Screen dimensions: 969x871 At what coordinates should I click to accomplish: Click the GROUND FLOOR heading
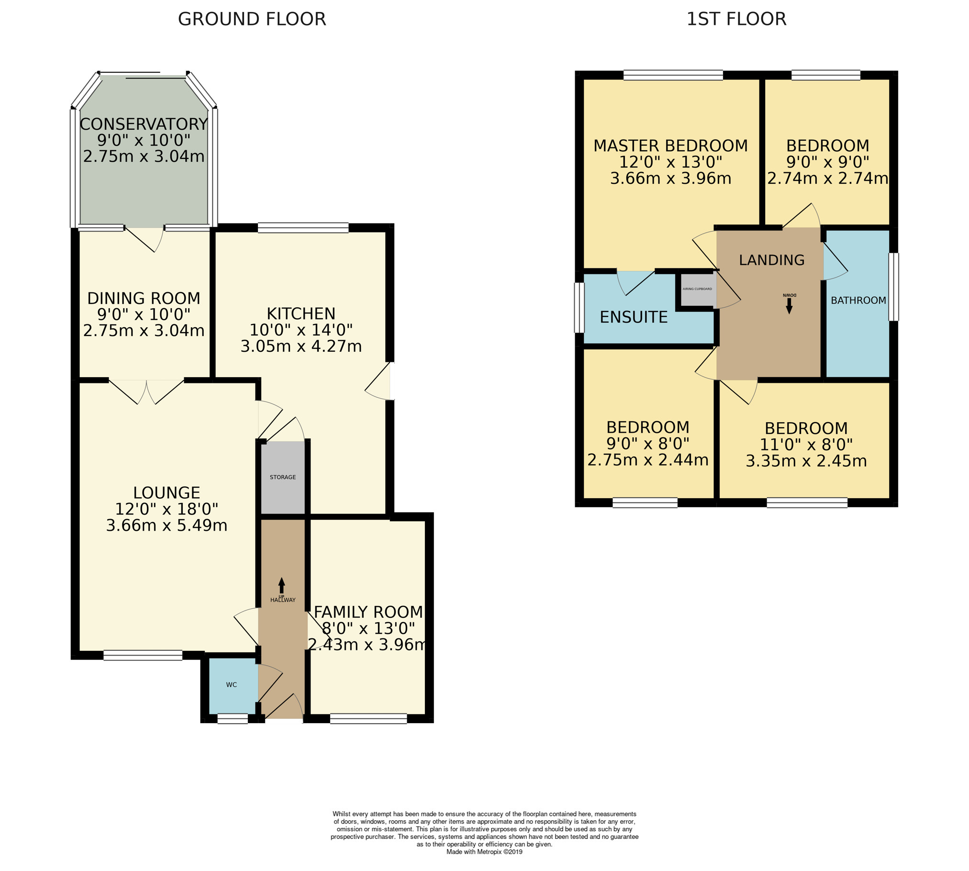(252, 19)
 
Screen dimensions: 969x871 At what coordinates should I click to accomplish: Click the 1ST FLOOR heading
(736, 19)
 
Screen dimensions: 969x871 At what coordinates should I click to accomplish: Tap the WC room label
(232, 685)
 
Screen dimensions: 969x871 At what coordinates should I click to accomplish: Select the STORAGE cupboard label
(283, 477)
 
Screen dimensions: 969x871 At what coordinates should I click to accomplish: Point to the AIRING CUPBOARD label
(697, 289)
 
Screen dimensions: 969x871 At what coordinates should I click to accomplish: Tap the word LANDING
(771, 260)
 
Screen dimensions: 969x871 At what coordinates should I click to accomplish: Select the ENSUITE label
(634, 317)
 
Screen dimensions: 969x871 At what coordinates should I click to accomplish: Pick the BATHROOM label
(858, 301)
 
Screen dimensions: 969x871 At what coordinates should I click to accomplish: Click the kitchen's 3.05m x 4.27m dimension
(301, 346)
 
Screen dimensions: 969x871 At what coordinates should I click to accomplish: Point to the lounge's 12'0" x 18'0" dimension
(167, 509)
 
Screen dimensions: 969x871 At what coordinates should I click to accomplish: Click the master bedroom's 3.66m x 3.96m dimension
(670, 179)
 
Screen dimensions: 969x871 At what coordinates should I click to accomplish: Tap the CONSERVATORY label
(144, 124)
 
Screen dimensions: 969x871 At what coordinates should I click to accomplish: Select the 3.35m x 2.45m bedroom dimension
(806, 461)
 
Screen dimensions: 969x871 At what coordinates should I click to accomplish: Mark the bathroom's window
(893, 287)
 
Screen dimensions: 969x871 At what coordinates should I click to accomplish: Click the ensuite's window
(579, 307)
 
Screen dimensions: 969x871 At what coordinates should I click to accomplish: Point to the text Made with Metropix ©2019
(484, 852)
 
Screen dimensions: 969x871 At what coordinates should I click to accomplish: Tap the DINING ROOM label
(144, 299)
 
